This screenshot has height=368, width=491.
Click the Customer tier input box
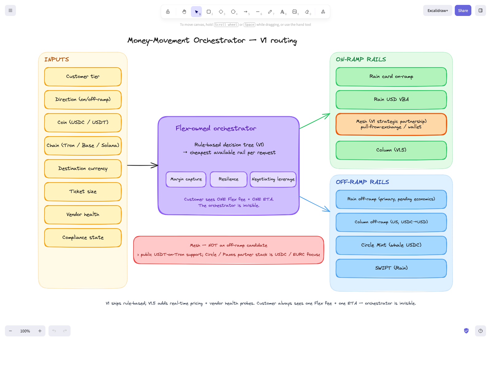click(83, 77)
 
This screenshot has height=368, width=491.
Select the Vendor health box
click(83, 215)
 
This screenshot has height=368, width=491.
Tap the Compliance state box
click(83, 238)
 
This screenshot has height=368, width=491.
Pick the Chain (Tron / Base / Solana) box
click(83, 146)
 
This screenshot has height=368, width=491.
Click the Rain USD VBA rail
click(391, 100)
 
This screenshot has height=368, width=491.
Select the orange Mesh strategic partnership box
click(391, 124)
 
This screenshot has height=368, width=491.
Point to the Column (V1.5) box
click(391, 150)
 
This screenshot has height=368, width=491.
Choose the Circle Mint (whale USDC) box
click(391, 245)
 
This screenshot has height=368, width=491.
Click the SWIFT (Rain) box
click(391, 268)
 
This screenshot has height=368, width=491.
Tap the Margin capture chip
click(186, 179)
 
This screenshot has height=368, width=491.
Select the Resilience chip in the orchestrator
click(229, 179)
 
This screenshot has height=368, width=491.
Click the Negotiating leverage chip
click(273, 179)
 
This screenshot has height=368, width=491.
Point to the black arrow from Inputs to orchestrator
click(143, 165)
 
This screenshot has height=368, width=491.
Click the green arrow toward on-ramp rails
click(315, 121)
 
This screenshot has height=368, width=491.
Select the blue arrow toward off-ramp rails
click(315, 204)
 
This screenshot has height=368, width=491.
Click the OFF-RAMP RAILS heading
click(362, 182)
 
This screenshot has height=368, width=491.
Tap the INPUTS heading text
click(56, 59)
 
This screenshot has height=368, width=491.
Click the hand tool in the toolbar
click(184, 12)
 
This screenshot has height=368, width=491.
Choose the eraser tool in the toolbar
click(307, 12)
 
